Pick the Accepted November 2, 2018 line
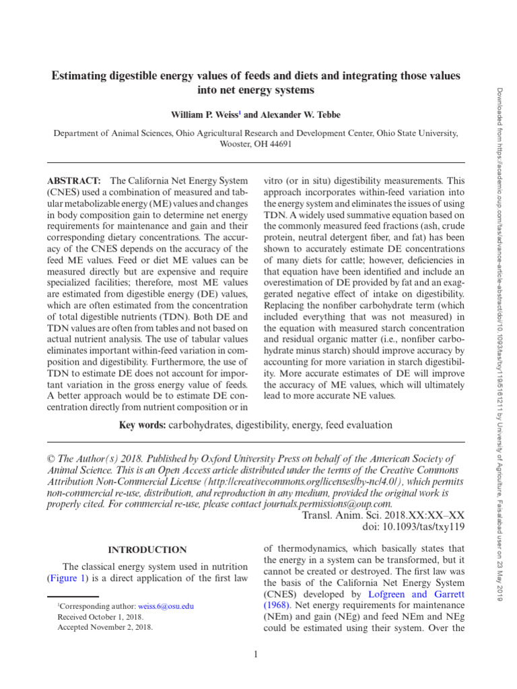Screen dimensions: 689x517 click(95, 627)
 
